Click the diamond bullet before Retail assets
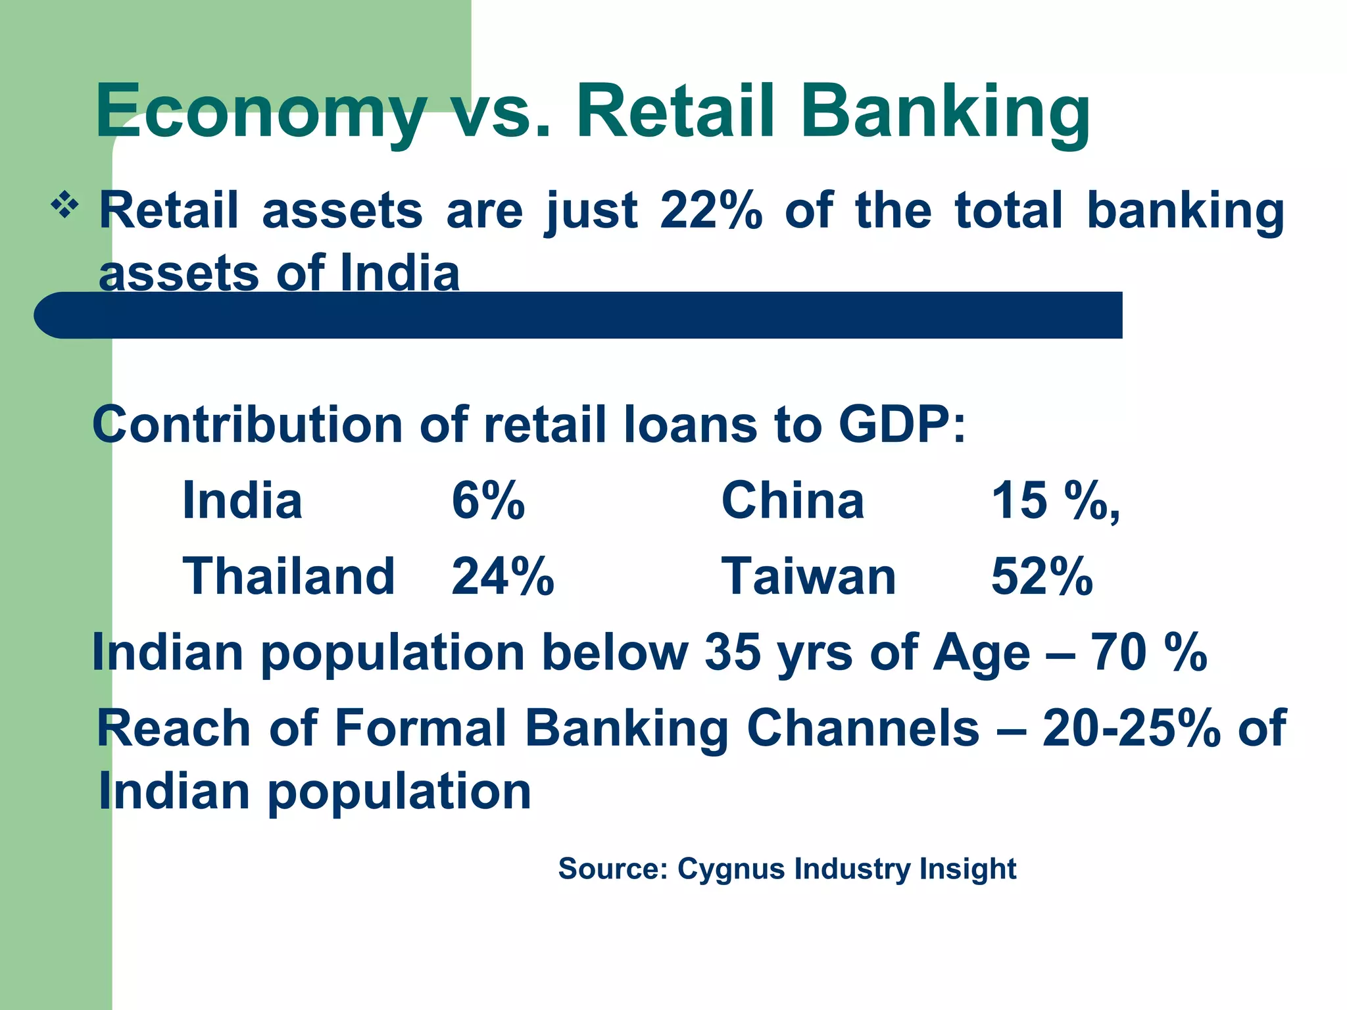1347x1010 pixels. tap(64, 206)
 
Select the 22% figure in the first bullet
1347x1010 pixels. tap(711, 211)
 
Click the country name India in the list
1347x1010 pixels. tap(242, 500)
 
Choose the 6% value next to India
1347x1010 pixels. tap(488, 500)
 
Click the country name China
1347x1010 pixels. tap(793, 500)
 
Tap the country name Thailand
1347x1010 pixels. tap(288, 577)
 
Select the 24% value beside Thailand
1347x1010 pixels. tap(502, 577)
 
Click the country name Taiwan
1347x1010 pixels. tap(808, 577)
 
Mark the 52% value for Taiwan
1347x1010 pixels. tap(1042, 577)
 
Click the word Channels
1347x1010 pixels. tap(863, 728)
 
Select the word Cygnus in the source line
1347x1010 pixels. tap(731, 869)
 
